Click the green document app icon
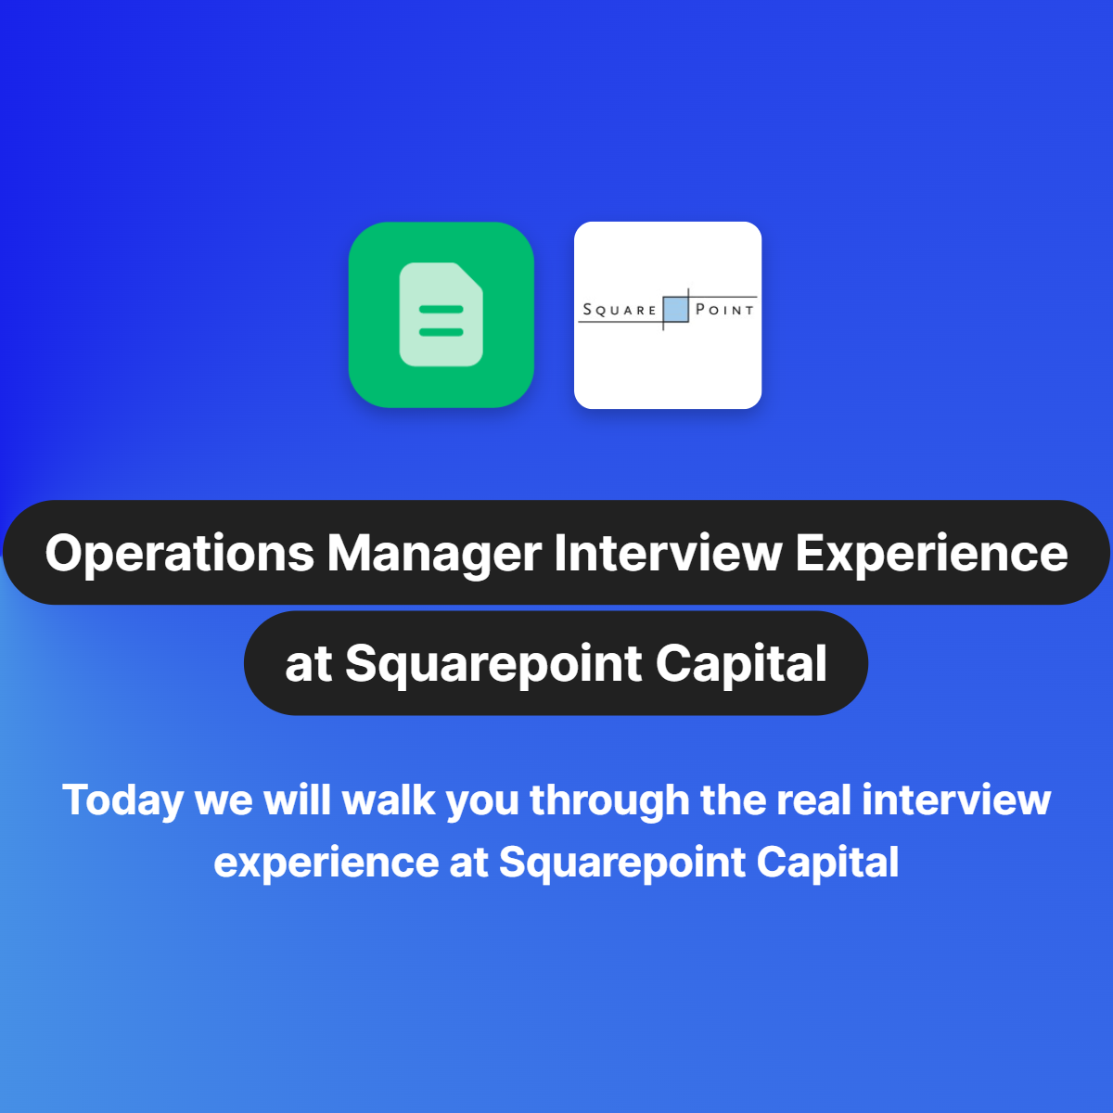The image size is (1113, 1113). tap(441, 314)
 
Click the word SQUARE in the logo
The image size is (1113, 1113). tap(620, 310)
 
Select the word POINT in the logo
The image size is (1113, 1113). tap(725, 310)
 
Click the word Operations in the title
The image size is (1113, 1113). tap(180, 554)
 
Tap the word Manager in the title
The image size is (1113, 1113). tap(434, 554)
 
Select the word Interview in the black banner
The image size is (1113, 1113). tap(668, 554)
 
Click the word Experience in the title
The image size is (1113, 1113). tap(931, 554)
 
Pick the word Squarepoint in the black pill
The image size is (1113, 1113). tap(494, 665)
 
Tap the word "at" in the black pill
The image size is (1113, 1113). tap(308, 665)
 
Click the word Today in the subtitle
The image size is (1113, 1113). tap(122, 800)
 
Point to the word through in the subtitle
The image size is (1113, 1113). tap(609, 800)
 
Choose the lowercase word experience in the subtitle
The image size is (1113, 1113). tap(326, 863)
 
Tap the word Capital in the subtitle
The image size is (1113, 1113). tap(827, 863)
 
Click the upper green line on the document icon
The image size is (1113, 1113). tap(441, 309)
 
